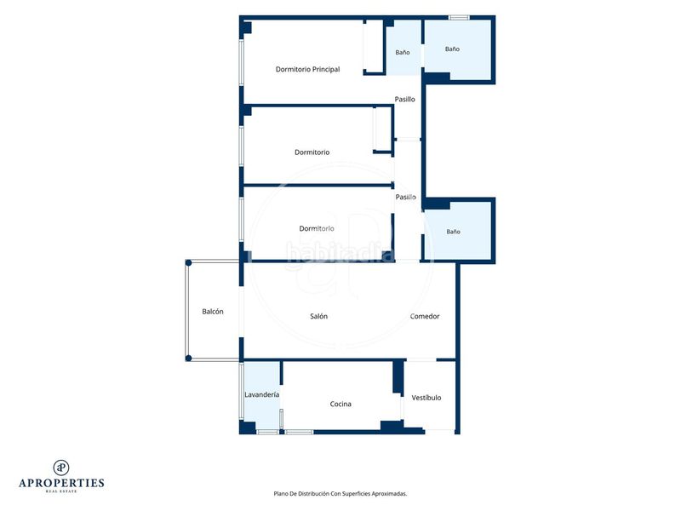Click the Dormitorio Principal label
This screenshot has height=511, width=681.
coord(307,69)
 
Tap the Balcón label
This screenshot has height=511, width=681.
coord(213,312)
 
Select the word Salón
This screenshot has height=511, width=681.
coord(318,316)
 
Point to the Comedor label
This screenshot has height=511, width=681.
coord(425,316)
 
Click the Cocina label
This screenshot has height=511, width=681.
coord(340,404)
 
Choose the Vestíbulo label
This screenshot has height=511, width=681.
coord(426,398)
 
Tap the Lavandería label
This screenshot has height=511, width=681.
coord(262,394)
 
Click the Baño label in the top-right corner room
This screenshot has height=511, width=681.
coord(452,49)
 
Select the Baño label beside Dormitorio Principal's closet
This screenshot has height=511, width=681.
coord(403,53)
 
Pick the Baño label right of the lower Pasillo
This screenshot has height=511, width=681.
coord(454,232)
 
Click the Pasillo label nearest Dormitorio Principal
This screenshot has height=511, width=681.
coord(405,99)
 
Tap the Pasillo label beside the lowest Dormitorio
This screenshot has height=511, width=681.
coord(406,198)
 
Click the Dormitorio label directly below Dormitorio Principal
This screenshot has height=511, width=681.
coord(312,152)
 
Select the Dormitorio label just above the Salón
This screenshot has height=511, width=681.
coord(317,228)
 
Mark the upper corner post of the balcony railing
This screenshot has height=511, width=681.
coord(188,263)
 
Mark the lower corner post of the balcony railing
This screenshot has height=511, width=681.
coord(188,359)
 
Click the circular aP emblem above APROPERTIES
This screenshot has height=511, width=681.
coord(61,468)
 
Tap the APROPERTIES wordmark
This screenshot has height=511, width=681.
coord(61,483)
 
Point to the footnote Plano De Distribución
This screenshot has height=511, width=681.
coord(340,494)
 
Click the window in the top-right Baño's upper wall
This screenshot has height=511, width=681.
coord(459,18)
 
